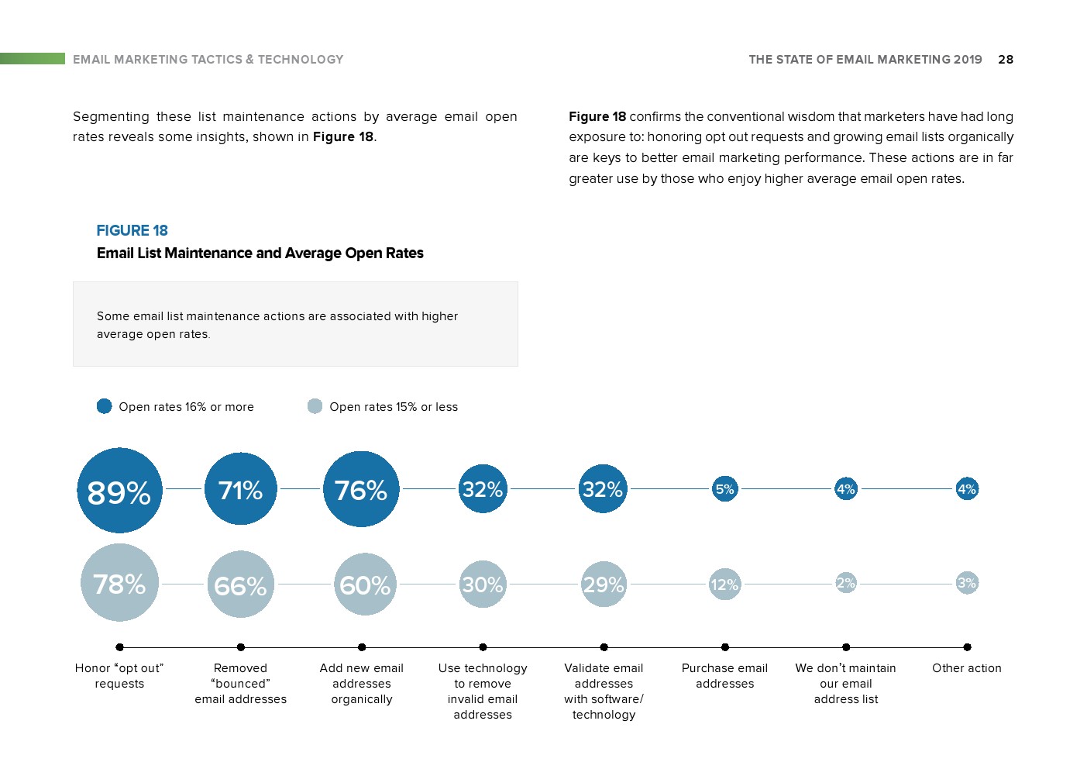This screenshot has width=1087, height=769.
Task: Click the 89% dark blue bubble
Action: point(119,491)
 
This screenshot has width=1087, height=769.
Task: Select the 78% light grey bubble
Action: point(119,583)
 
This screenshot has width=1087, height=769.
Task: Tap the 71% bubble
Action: point(241,489)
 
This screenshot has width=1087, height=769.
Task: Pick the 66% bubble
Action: point(241,584)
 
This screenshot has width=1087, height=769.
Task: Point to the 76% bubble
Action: point(361,489)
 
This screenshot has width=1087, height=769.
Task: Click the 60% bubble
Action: point(365,584)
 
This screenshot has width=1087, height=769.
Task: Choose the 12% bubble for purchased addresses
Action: point(724,584)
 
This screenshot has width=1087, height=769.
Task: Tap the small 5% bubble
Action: point(725,489)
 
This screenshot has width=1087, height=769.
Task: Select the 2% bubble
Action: point(846,583)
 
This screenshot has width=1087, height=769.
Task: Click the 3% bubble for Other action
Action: point(967,583)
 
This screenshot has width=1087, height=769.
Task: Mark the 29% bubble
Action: point(604,584)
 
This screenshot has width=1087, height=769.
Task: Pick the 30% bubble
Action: point(483,584)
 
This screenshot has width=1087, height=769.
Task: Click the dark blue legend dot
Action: point(105,406)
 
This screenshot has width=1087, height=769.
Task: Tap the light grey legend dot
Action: point(315,406)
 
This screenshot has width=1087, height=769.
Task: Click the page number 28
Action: point(1006,59)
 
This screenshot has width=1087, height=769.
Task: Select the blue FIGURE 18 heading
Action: point(132,230)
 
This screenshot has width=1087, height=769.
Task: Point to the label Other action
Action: point(967,668)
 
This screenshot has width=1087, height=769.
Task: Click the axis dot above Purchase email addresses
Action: point(725,647)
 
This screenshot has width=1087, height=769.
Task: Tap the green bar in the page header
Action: point(33,58)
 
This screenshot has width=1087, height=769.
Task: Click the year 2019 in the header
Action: point(968,59)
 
